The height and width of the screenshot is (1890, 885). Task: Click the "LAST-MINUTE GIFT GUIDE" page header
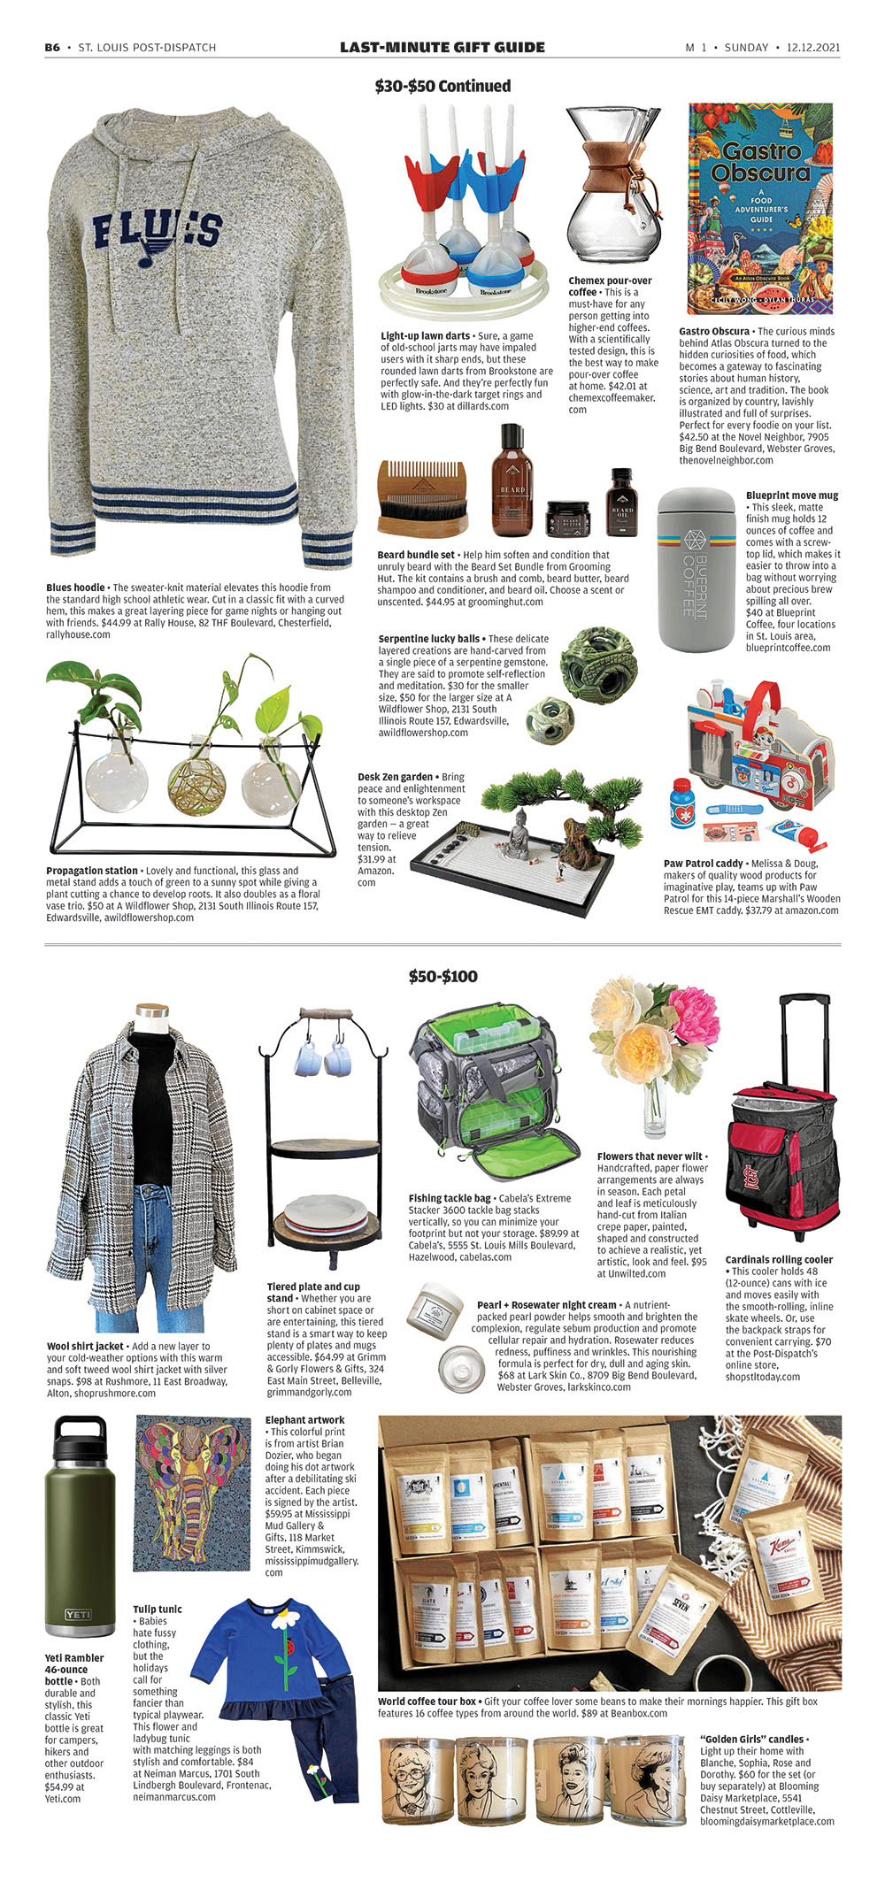point(442,47)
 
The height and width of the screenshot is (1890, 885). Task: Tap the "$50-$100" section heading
point(442,976)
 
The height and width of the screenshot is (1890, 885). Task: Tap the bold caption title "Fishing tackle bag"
point(450,1198)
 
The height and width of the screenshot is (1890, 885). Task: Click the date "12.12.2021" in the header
point(812,48)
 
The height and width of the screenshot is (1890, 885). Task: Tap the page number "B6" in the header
point(52,48)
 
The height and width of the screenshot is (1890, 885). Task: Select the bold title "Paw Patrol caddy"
point(703,864)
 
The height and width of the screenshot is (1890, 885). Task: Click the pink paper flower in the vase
point(695,1015)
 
